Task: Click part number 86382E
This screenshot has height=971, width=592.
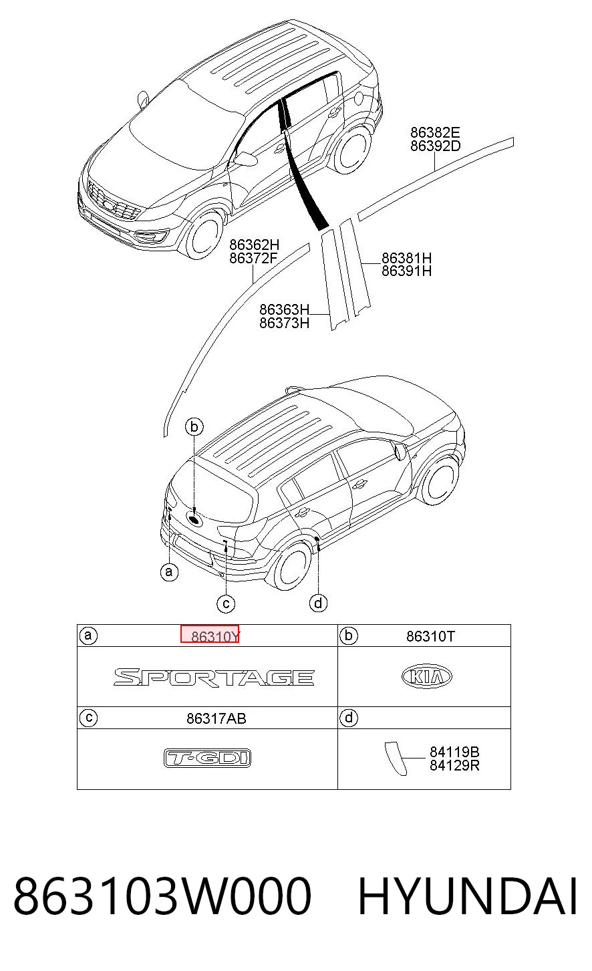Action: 435,132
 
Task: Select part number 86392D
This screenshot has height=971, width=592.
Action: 435,146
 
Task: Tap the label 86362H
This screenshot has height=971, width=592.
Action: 254,245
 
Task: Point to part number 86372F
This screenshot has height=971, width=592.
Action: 253,258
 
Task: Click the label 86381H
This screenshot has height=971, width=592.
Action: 406,258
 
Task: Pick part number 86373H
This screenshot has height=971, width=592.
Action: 284,323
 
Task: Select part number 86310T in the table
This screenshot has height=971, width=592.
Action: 430,636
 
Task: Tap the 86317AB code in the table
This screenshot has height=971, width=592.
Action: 216,718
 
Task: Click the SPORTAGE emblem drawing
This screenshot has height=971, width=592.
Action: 214,677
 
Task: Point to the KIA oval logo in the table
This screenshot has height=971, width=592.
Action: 427,677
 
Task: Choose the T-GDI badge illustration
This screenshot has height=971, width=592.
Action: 208,758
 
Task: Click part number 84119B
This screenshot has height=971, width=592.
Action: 454,752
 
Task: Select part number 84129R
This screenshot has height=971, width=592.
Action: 454,766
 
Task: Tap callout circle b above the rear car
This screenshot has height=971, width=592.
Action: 194,427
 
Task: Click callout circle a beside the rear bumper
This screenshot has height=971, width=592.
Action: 169,572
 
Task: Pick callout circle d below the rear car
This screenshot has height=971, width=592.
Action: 318,603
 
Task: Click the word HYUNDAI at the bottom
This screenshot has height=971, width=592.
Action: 467,895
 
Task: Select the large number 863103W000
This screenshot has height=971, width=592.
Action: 162,895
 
